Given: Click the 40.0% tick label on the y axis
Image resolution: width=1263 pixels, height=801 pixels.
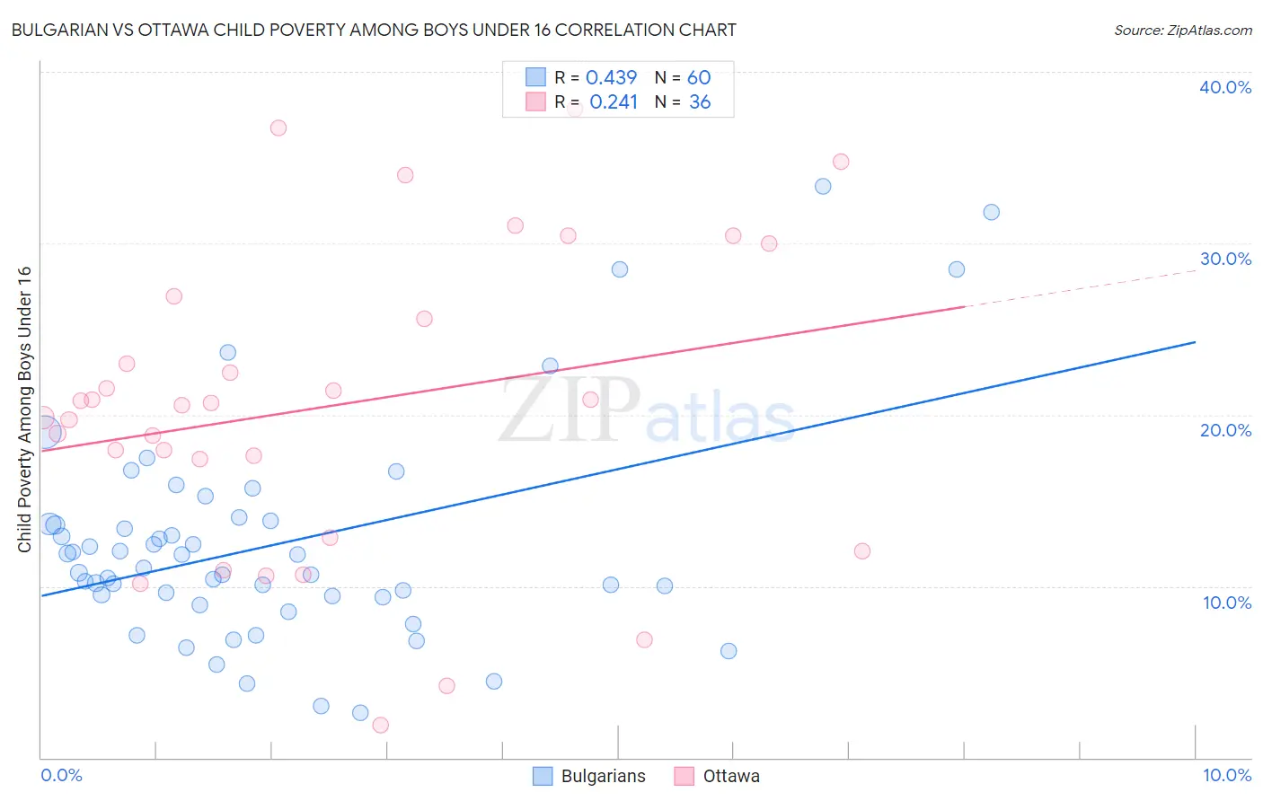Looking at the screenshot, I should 1225,87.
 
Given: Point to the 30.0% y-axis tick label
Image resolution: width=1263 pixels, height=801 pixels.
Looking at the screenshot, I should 1225,259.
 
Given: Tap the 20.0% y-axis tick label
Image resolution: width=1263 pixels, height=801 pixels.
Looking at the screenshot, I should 1225,430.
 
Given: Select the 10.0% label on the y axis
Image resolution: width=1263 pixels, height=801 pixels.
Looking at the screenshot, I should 1227,603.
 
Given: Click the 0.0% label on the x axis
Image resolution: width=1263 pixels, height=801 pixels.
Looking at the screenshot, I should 61,775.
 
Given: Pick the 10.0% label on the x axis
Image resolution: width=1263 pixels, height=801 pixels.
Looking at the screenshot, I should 1227,775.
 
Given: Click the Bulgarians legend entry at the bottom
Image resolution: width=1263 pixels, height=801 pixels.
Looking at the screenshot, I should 589,776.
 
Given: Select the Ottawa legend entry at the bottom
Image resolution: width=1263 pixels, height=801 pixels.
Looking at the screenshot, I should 717,776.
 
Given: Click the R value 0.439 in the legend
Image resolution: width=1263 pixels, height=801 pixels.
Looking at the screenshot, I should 611,78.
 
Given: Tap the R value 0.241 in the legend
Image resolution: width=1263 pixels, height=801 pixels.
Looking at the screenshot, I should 614,102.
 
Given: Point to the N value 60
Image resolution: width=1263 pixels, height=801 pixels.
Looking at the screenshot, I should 699,78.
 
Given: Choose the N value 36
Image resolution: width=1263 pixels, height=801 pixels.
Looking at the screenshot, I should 700,102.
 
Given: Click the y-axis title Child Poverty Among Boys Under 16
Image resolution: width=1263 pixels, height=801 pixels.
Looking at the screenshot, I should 24,409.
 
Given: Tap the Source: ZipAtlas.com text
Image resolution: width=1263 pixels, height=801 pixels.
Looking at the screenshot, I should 1182,31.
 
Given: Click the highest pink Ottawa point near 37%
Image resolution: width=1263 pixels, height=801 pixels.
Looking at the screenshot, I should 278,128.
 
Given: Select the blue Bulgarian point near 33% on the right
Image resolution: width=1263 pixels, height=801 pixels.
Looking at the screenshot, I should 823,187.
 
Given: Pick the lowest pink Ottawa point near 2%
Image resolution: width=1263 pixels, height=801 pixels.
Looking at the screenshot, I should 380,725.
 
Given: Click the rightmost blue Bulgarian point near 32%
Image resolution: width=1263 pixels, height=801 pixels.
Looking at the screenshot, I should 991,212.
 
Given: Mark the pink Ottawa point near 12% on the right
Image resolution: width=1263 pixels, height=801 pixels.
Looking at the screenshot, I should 862,551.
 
